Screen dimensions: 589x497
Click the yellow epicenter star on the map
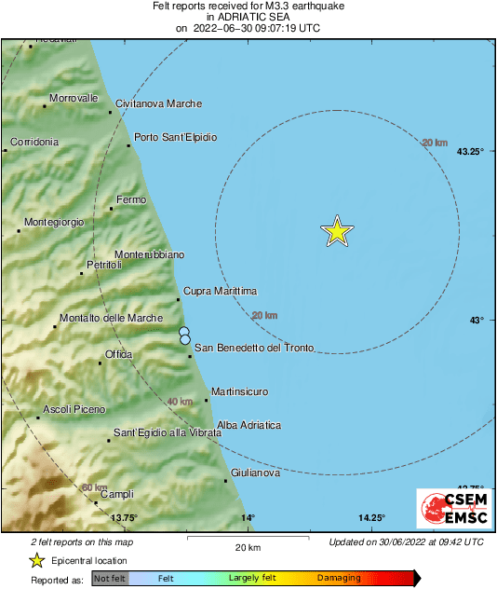click(x=337, y=230)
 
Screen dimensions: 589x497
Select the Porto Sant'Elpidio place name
click(x=176, y=137)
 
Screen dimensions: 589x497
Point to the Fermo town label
click(x=131, y=200)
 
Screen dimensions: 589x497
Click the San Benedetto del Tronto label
click(x=253, y=348)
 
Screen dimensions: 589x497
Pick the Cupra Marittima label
click(x=220, y=292)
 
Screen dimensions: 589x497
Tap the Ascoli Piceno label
click(x=74, y=409)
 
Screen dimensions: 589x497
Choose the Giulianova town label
click(x=255, y=473)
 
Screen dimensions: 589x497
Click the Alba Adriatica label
click(x=248, y=425)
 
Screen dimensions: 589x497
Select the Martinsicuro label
click(x=240, y=391)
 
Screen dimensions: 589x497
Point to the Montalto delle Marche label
click(x=111, y=319)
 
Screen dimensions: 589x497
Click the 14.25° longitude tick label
click(x=371, y=517)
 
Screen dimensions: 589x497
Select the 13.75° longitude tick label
click(x=124, y=517)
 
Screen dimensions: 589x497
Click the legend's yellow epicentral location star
click(x=36, y=560)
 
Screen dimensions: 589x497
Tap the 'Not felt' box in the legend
click(x=109, y=578)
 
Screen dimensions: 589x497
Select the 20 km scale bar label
click(x=247, y=546)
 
